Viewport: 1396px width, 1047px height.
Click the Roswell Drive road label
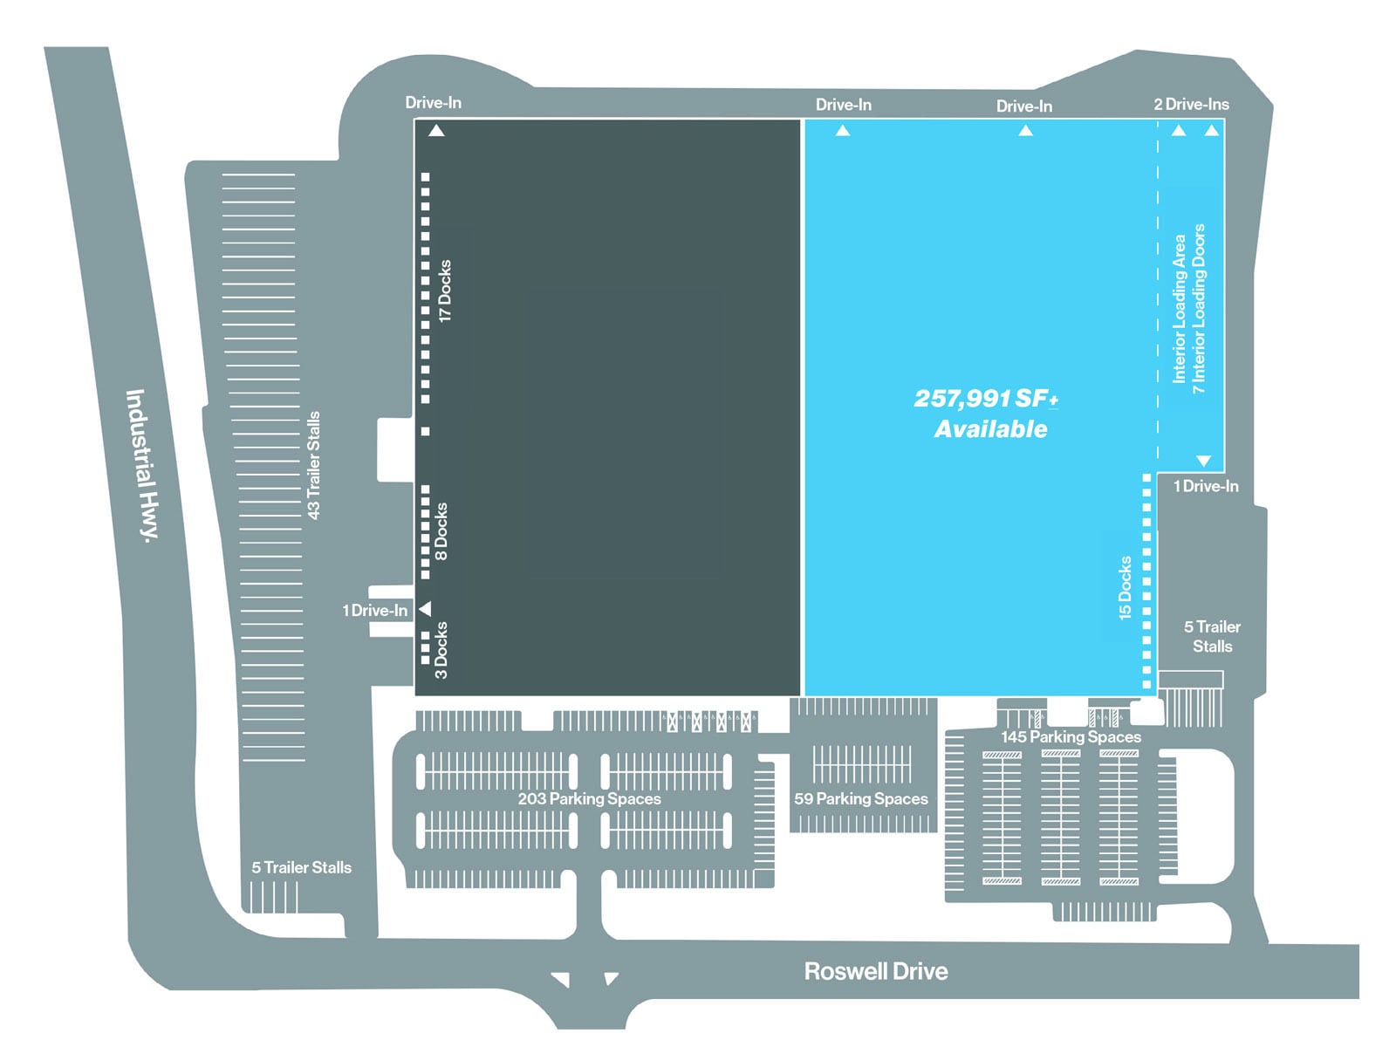tap(875, 971)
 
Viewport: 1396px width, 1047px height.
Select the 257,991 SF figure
tap(985, 399)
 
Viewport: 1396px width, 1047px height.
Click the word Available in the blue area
tap(990, 429)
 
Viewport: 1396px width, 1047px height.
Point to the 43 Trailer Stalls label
tap(313, 465)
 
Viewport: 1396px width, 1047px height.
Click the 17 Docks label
tap(445, 291)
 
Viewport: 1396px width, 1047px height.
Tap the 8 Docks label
tap(441, 530)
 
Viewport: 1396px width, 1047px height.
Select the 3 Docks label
tap(441, 650)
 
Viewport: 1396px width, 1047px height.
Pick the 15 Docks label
tap(1126, 588)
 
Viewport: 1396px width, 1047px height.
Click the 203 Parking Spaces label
tap(589, 798)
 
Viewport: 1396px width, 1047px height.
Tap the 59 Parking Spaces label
tap(860, 798)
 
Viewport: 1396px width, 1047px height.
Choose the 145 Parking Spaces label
tap(1071, 736)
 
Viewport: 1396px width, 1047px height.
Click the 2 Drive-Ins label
tap(1191, 105)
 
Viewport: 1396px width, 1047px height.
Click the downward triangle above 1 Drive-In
tap(1204, 461)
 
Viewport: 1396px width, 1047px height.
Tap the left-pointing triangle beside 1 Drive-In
tap(426, 608)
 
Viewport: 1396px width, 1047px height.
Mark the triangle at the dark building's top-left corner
tap(436, 131)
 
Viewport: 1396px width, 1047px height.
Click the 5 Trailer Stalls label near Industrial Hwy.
tap(301, 867)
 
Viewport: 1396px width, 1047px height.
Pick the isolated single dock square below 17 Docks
tap(426, 431)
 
